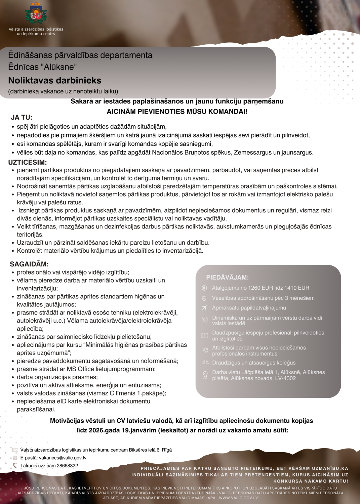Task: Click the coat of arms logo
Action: coord(36,14)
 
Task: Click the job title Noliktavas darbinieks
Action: coord(55,81)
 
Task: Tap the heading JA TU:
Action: coord(22,118)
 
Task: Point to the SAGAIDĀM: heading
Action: coord(29,264)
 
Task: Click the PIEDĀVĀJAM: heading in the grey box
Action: coord(227,278)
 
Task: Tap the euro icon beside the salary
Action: coord(204,288)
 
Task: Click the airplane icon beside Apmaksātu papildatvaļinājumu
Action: coord(204,308)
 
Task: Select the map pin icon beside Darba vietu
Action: coord(205,375)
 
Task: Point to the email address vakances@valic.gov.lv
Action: coord(63,458)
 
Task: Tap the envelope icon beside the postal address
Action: coord(15,450)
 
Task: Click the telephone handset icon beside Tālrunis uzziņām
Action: coord(15,466)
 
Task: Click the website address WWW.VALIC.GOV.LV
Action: coord(238,498)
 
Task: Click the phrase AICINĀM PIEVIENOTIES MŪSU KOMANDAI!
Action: coord(177,112)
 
